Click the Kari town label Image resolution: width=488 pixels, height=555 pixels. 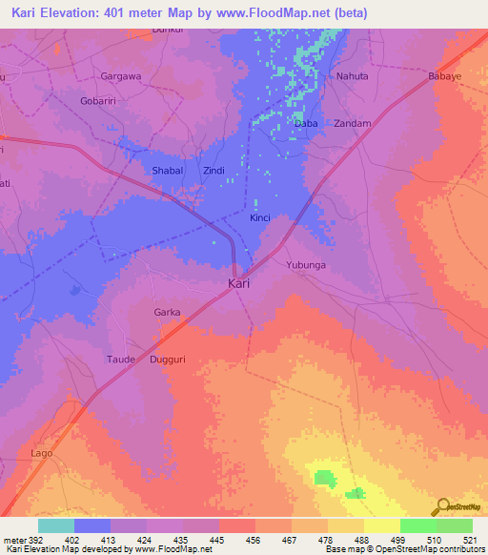click(x=239, y=284)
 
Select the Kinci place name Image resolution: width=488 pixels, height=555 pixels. click(x=260, y=218)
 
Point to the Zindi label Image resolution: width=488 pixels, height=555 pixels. click(x=213, y=171)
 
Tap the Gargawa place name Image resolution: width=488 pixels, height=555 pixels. click(x=121, y=74)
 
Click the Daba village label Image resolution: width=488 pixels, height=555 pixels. click(x=306, y=124)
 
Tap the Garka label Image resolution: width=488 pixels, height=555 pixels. click(x=167, y=312)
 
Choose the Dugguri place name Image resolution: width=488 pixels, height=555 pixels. click(x=169, y=360)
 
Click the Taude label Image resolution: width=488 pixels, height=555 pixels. click(x=120, y=360)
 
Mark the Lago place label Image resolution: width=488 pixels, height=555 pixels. click(x=42, y=453)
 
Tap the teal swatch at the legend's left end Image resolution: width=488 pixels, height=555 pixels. click(x=55, y=525)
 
